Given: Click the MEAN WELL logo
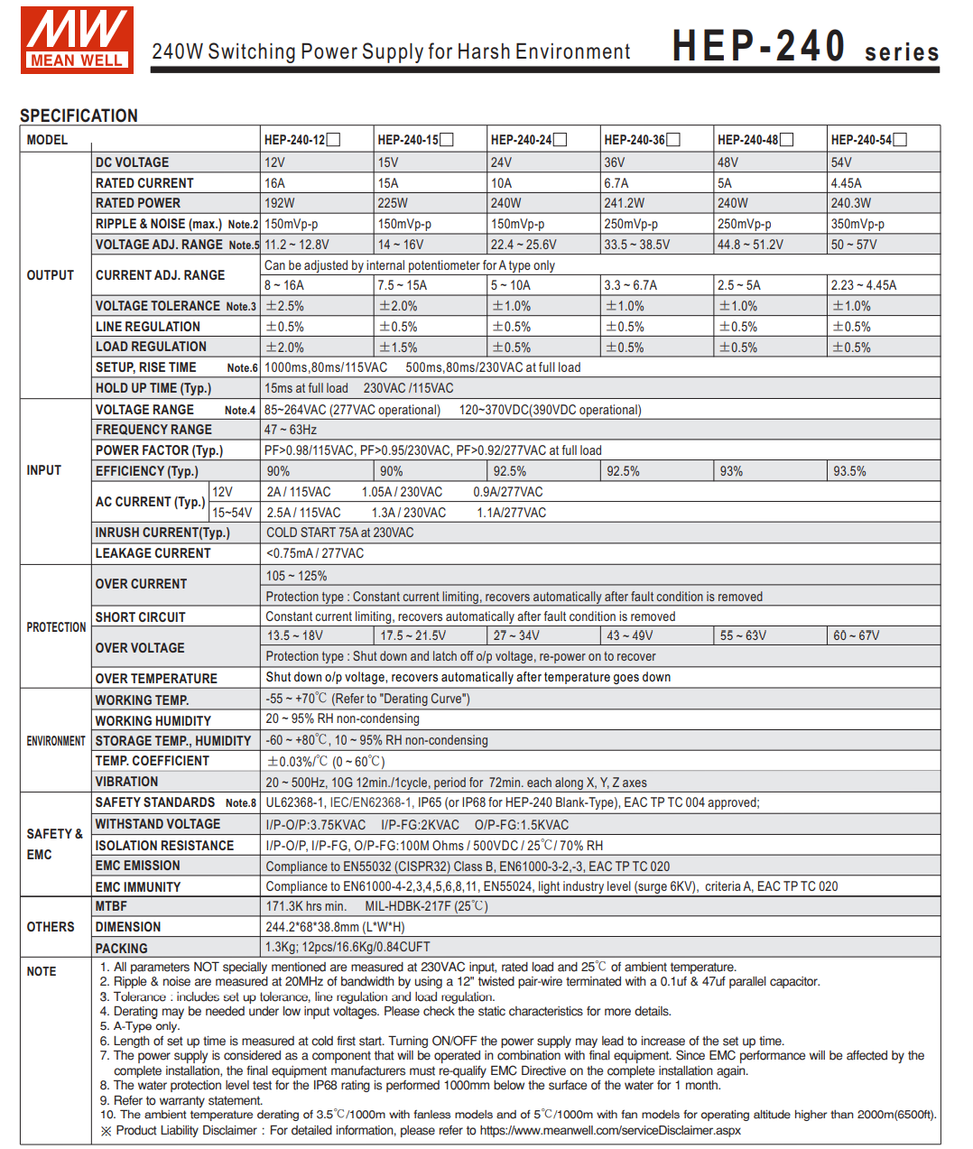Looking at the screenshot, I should click(77, 40).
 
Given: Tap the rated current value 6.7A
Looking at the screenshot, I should click(616, 183).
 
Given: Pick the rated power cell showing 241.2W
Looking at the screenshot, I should click(625, 203).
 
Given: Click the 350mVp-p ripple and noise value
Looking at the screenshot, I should click(857, 224).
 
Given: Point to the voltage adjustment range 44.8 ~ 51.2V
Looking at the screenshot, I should click(750, 245).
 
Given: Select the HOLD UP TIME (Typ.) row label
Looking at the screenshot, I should click(153, 388).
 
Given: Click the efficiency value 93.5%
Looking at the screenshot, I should click(849, 471).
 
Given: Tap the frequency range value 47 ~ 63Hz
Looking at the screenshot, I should click(291, 430).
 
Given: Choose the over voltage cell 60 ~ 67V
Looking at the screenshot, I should click(856, 635).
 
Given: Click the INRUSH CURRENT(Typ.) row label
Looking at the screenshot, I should click(162, 533).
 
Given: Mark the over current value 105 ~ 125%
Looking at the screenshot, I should click(296, 576).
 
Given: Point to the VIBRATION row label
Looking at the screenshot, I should click(126, 782).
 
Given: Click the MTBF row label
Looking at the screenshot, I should click(111, 906).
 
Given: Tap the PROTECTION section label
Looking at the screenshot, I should click(56, 627).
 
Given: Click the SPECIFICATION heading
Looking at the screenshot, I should click(79, 116).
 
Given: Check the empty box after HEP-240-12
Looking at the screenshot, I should click(334, 140).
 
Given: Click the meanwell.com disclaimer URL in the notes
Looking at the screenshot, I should click(610, 1130).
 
